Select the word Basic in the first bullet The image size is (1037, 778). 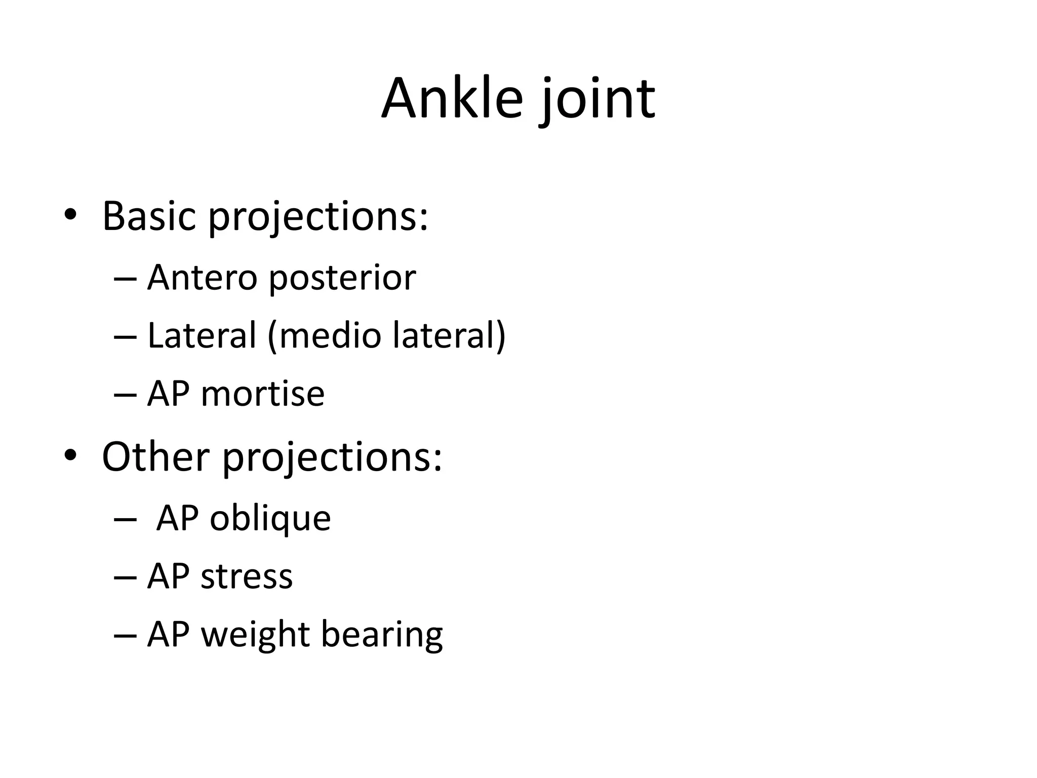(x=149, y=216)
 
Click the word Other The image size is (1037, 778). (x=155, y=456)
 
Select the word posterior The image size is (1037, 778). (x=342, y=279)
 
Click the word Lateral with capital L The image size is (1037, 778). (x=202, y=335)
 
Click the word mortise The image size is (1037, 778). (x=262, y=394)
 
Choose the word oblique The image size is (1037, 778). (x=270, y=519)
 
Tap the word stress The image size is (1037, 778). (x=247, y=576)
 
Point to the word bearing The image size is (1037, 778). (x=382, y=635)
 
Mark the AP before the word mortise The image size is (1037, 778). (x=169, y=394)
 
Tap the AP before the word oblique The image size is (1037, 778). (x=178, y=518)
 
